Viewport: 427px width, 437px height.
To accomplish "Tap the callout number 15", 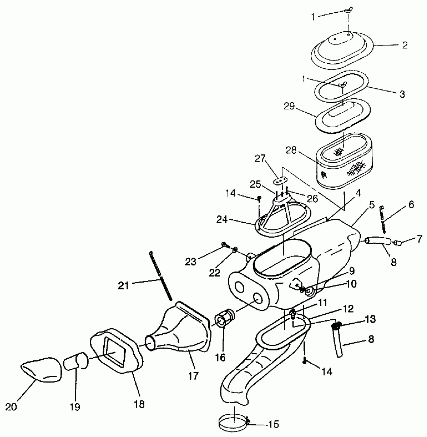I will (274, 424).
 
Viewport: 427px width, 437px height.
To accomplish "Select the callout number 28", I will (291, 151).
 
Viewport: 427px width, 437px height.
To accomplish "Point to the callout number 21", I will (123, 285).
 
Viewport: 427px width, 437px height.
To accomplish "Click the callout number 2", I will (404, 45).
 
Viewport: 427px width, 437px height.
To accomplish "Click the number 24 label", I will (222, 220).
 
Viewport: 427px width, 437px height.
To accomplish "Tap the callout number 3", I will (402, 94).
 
